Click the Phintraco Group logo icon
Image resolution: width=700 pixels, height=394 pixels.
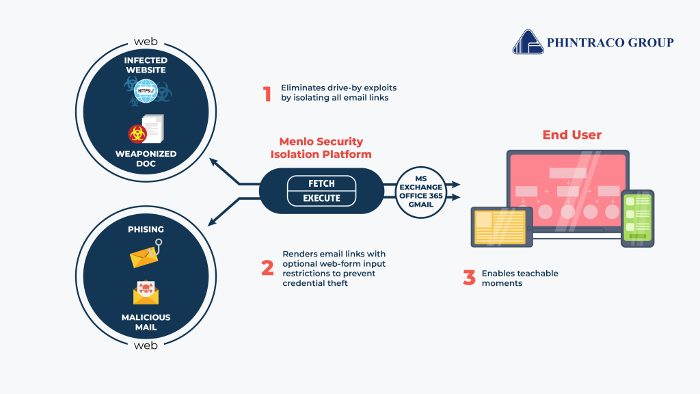[527, 42]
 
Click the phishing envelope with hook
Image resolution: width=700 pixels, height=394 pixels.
[146, 254]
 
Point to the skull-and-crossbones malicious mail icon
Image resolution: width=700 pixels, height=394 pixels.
[146, 291]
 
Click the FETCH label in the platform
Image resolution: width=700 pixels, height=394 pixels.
[322, 183]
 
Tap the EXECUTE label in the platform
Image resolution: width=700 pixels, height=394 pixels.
[322, 198]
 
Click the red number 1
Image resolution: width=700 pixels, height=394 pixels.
[267, 94]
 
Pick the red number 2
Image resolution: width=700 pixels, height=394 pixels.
[267, 268]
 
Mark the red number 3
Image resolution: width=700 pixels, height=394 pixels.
[469, 278]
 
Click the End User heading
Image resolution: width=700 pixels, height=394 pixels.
[571, 135]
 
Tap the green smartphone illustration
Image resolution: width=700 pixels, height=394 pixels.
[637, 218]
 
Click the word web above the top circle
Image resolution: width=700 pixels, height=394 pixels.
[146, 42]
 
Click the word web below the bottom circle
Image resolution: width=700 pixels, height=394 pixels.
[146, 345]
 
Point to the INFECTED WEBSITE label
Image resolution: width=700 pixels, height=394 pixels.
[146, 65]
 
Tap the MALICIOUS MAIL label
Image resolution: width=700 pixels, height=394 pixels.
[146, 322]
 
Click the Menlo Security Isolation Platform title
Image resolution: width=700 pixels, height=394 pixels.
[321, 147]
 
